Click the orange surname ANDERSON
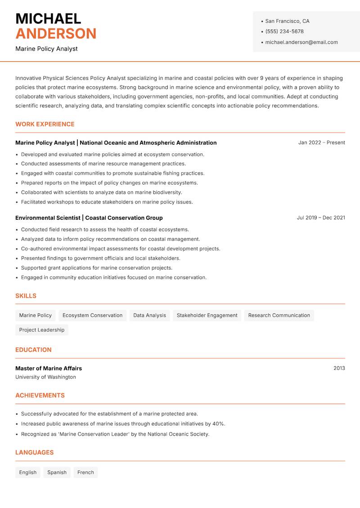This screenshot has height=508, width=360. coord(56,34)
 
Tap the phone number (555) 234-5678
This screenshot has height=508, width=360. coord(284,31)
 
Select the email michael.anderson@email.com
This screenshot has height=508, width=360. coord(301,42)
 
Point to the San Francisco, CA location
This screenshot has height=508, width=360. coord(287,21)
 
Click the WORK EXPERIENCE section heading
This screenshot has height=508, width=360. coord(45,124)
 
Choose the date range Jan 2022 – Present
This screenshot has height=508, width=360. coord(321,143)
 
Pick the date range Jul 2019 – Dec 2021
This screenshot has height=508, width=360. coord(321,218)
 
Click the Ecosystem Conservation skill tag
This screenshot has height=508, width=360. coord(92,315)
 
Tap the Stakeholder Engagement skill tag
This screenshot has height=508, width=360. coord(207,315)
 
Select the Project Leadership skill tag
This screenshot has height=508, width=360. coord(42,330)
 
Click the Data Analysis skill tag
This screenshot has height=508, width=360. coord(149,315)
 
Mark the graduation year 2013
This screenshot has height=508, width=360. coord(339,368)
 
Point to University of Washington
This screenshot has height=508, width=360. coord(45,377)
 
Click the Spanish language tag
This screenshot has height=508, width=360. coord(57,472)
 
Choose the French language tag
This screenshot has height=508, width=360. coord(85,472)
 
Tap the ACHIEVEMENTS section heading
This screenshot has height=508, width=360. coord(40,396)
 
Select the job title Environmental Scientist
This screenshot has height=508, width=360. coord(48,218)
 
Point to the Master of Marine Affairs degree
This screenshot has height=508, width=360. coord(49,368)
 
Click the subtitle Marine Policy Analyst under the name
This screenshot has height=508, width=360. coord(46,49)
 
